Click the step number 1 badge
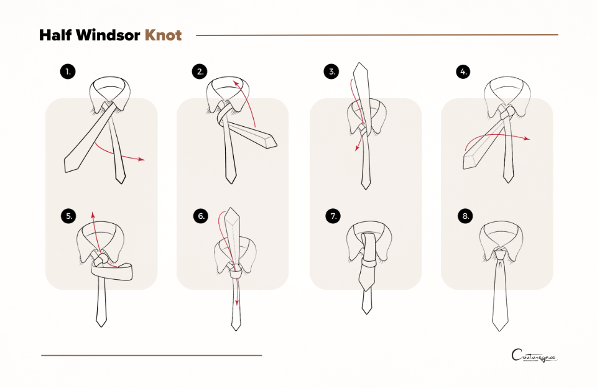coord(67,72)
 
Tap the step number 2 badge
coord(199,72)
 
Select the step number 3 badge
coord(331,72)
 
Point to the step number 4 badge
coord(463,72)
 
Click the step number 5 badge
coord(68,216)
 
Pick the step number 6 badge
coord(200,216)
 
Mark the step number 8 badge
coord(464,216)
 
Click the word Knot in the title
coord(163,35)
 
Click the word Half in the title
coord(55,35)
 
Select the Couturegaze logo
coord(534,356)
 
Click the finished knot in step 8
coord(500,255)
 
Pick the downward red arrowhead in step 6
coord(237,304)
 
